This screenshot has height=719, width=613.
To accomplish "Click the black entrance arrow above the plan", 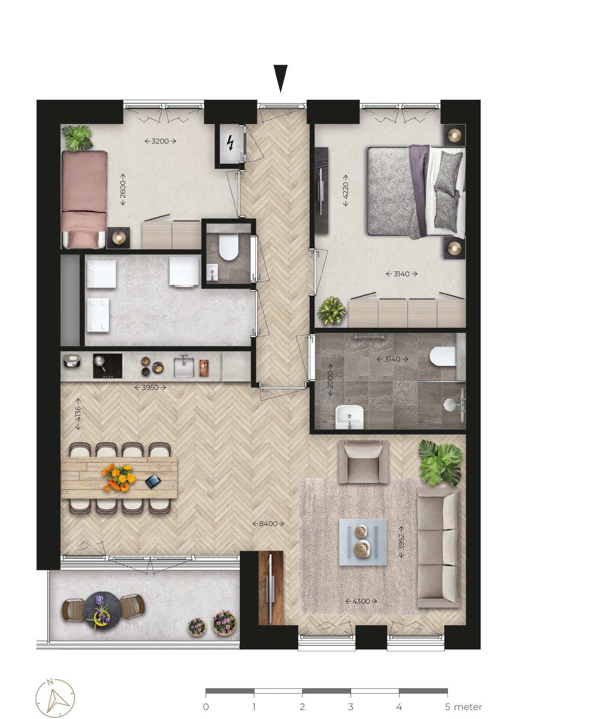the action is (x=280, y=78).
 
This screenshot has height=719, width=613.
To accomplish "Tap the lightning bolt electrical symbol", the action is (x=230, y=143).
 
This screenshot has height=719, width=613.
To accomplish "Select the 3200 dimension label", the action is (x=160, y=141).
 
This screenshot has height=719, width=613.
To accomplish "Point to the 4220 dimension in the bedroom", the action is (x=345, y=190).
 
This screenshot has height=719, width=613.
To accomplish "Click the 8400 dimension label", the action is (x=268, y=524).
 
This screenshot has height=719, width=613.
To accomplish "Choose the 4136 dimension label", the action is (x=78, y=413).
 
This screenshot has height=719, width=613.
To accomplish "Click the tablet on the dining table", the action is (x=153, y=482).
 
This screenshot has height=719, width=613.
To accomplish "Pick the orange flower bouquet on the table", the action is (x=118, y=476).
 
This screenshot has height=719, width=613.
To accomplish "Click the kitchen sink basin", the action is (x=184, y=367).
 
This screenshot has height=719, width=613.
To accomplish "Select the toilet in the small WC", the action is (x=228, y=247).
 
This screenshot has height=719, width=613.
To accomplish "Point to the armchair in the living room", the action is (x=363, y=462).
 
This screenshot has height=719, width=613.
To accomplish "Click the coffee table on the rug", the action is (x=363, y=542).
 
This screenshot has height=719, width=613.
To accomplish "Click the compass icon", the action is (x=55, y=698).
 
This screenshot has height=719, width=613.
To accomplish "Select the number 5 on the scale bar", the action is (x=447, y=707).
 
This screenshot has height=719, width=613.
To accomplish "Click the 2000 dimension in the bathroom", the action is (x=330, y=380).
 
